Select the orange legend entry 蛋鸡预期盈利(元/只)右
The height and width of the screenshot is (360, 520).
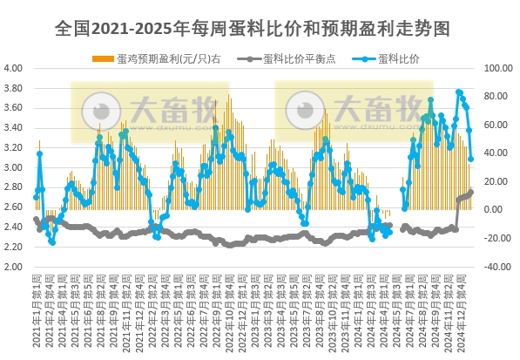[x=152, y=58]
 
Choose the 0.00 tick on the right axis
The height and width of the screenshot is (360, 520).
[x=493, y=210]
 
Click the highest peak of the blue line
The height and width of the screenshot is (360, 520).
[x=459, y=92]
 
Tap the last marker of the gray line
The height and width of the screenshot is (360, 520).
[x=471, y=193]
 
